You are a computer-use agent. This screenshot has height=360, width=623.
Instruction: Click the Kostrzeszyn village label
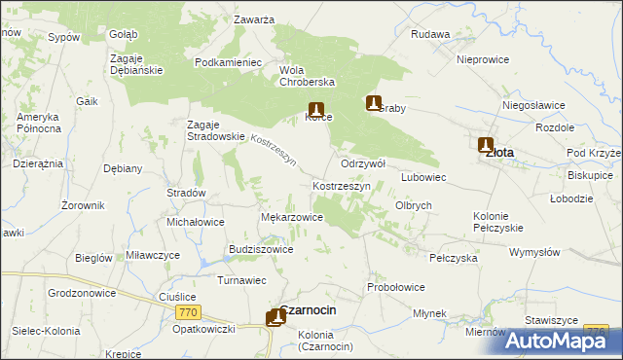click(340, 185)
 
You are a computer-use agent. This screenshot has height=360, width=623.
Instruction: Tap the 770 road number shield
click(189, 312)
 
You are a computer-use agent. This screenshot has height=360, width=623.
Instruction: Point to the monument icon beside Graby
click(373, 102)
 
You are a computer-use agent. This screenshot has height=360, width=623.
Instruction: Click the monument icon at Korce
click(315, 110)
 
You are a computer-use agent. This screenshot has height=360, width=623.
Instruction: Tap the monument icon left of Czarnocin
click(273, 318)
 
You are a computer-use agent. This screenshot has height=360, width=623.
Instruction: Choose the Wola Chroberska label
click(308, 77)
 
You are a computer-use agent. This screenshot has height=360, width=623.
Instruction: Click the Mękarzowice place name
click(292, 217)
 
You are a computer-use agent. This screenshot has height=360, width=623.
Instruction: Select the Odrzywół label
click(363, 163)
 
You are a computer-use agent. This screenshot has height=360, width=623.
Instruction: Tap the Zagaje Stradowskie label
click(215, 130)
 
